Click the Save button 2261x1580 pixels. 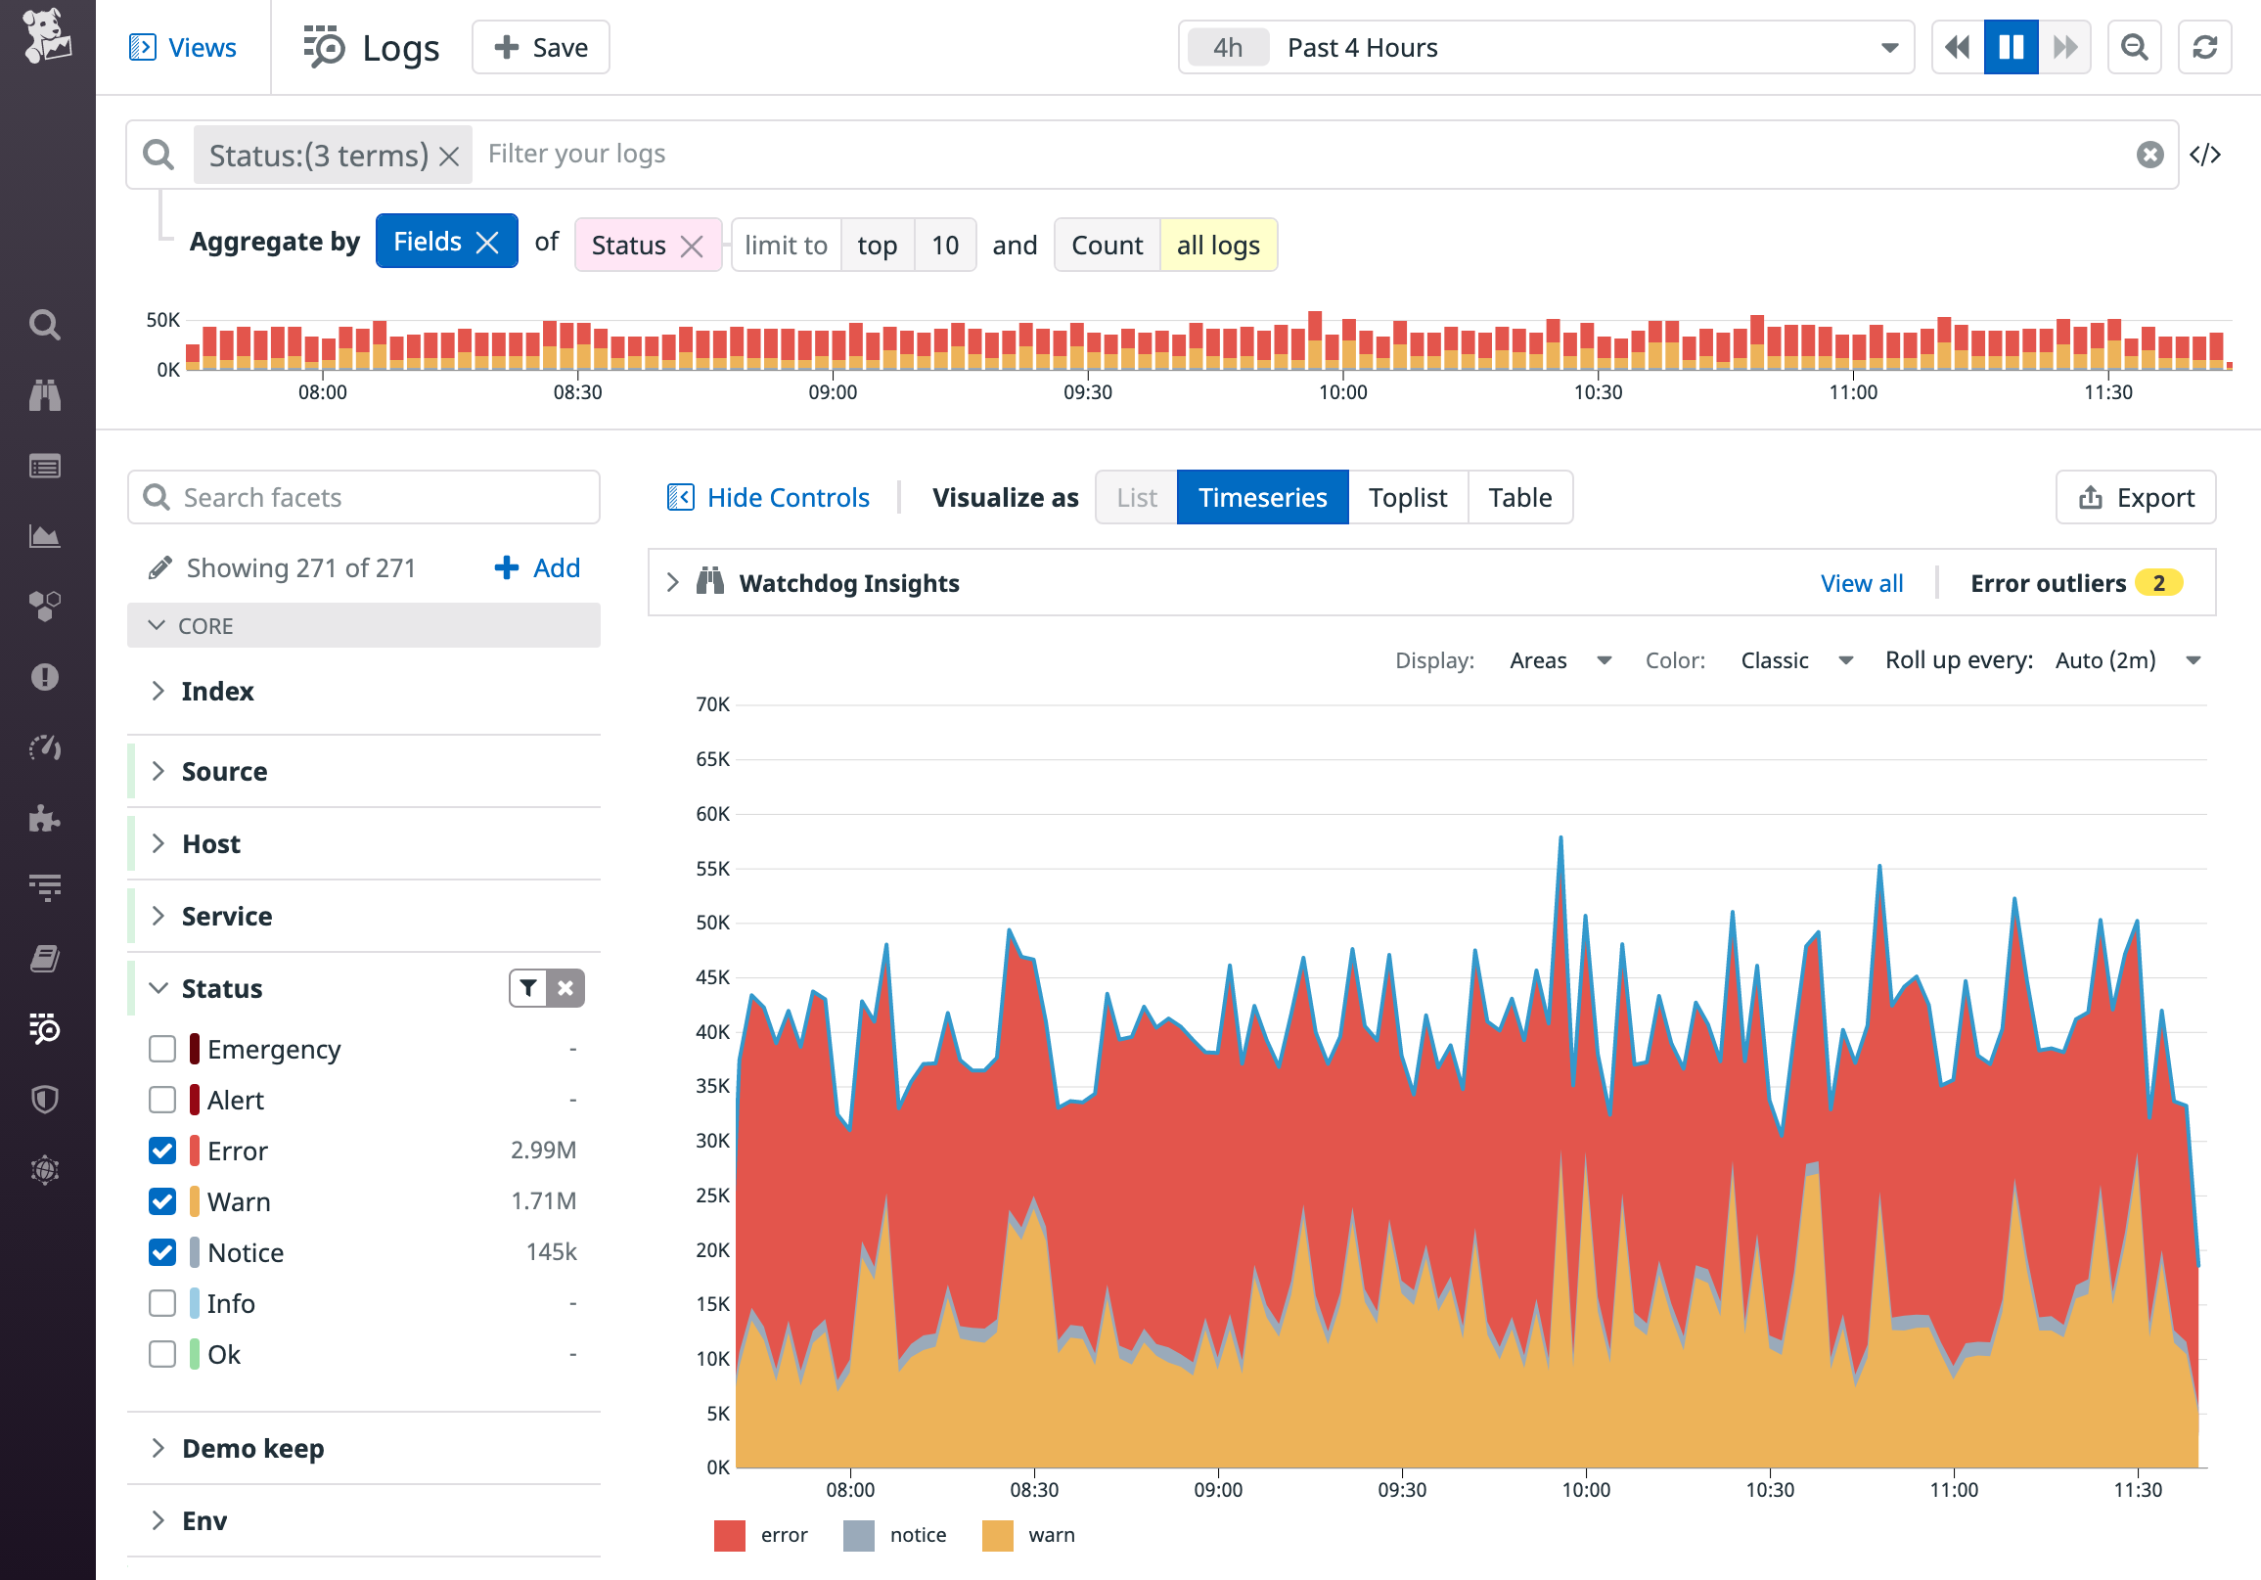(x=541, y=47)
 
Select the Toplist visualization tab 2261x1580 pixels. (x=1407, y=497)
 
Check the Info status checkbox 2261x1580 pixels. (x=162, y=1303)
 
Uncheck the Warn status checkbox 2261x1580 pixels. (x=162, y=1201)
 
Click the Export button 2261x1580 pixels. (x=2135, y=497)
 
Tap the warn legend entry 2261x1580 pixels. (x=1029, y=1535)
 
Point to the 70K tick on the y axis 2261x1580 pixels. (x=713, y=704)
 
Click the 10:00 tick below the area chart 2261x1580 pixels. (x=1586, y=1489)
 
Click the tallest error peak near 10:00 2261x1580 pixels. (x=1560, y=839)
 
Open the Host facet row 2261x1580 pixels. (x=211, y=843)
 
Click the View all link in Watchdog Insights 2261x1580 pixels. (x=1861, y=583)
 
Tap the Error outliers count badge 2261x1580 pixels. (x=2157, y=583)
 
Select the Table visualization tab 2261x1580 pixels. (x=1519, y=497)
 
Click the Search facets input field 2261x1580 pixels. (x=364, y=497)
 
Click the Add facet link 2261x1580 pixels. (x=538, y=568)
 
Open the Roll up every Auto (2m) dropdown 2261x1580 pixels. (x=2127, y=660)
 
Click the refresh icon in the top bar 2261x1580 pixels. (x=2204, y=47)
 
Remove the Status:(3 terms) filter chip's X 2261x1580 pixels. (x=449, y=156)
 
